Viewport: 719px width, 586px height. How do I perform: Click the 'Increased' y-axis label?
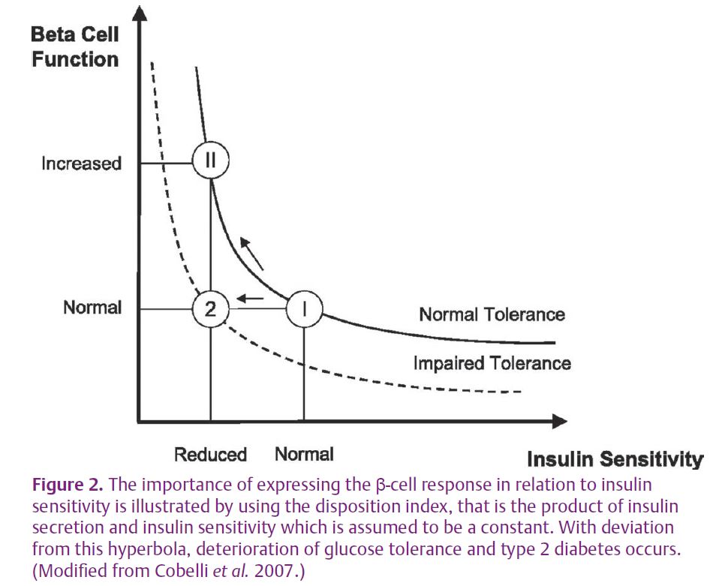pos(82,164)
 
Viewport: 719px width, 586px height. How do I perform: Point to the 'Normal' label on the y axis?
pos(92,307)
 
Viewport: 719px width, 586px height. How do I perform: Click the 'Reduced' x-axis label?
pos(210,455)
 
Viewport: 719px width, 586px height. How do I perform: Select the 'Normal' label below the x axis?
pos(304,454)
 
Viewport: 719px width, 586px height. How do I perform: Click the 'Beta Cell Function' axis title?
pos(75,47)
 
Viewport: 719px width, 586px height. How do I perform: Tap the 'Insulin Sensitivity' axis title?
pos(615,459)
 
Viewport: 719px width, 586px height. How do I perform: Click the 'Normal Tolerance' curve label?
pos(492,314)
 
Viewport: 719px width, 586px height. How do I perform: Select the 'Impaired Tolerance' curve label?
pos(492,363)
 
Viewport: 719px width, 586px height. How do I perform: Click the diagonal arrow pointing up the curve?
pos(252,254)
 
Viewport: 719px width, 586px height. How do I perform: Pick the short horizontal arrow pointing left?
pos(250,299)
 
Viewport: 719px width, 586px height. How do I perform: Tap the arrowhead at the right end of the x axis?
pos(559,422)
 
